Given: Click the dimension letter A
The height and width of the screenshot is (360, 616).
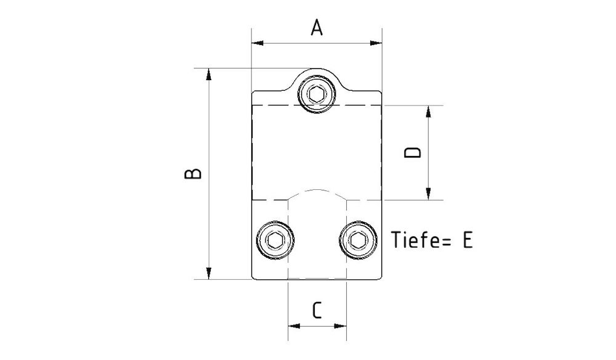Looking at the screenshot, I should [317, 28].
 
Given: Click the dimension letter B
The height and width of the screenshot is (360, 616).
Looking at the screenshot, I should [193, 173].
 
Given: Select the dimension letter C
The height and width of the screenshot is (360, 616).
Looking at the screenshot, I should [317, 309].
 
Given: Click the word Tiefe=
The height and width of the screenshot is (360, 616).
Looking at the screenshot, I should [419, 240].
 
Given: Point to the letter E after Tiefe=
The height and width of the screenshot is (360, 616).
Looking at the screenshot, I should [467, 240].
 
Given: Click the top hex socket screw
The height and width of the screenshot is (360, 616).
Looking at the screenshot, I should [317, 94].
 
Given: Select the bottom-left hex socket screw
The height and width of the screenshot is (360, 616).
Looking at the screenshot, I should [275, 240].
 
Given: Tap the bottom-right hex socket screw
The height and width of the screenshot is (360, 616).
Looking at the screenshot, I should [358, 240].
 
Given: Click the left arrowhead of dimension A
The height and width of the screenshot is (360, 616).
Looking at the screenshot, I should [257, 43].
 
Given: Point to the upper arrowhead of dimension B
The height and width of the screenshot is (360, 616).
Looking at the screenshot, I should [209, 75].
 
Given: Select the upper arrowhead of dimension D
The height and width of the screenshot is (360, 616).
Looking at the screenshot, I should [428, 111].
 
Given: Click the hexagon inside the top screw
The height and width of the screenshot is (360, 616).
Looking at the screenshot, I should [317, 94].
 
